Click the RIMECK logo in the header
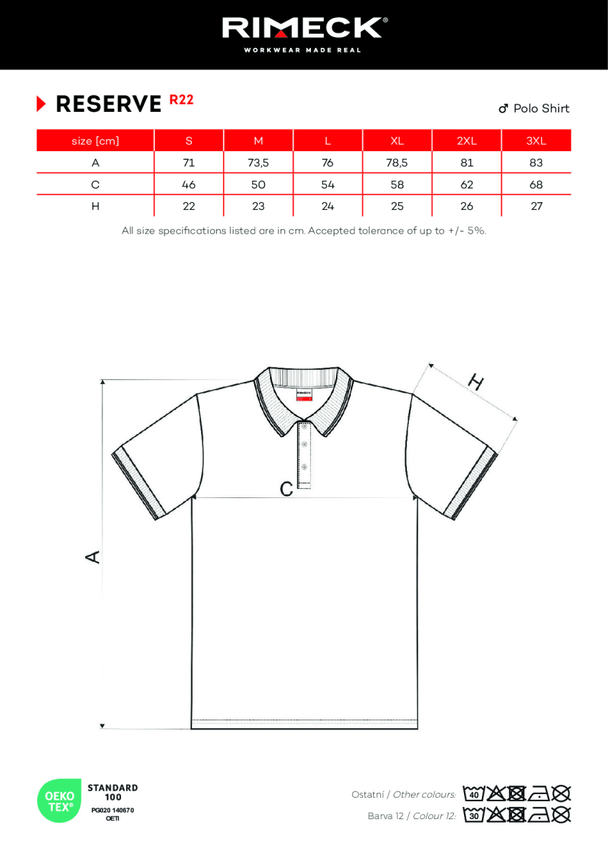(304, 29)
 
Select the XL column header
(397, 140)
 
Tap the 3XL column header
(536, 140)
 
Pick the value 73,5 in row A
(258, 163)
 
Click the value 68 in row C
(536, 185)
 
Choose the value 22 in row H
(188, 206)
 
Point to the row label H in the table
(95, 206)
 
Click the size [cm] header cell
(95, 140)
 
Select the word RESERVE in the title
(109, 105)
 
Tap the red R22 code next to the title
(181, 100)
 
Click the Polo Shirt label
(541, 108)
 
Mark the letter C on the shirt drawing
(286, 489)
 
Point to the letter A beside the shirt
(93, 556)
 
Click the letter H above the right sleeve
(475, 382)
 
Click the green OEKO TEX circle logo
(60, 800)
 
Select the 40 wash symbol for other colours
(473, 794)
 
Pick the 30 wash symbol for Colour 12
(473, 815)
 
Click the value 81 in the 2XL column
(466, 163)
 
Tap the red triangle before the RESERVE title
(42, 104)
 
